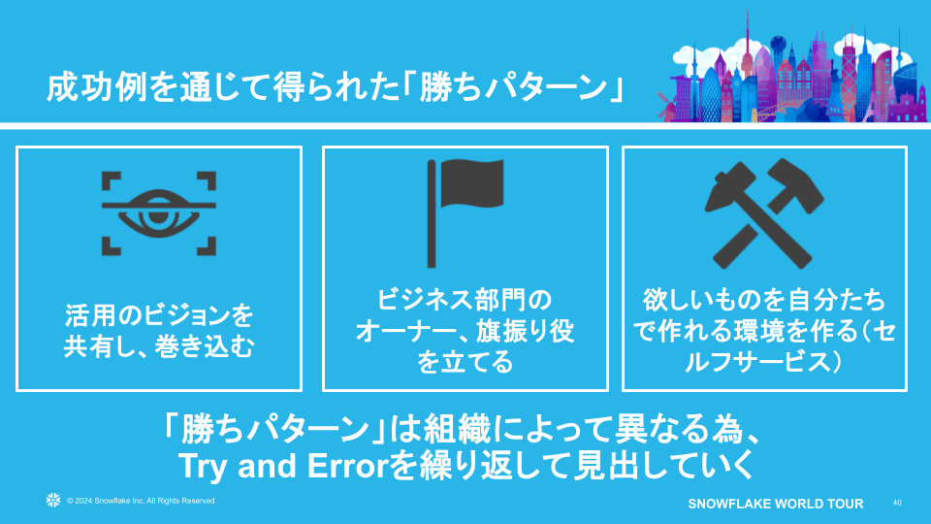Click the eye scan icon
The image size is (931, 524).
pyautogui.click(x=159, y=213)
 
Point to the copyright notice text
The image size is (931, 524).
pyautogui.click(x=141, y=501)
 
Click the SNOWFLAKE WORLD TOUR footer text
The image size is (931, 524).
pyautogui.click(x=775, y=504)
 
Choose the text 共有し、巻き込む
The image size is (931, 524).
pyautogui.click(x=159, y=345)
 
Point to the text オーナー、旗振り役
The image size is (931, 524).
pyautogui.click(x=465, y=331)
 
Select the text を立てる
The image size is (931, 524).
pyautogui.click(x=465, y=363)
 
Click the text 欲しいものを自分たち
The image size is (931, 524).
pyautogui.click(x=764, y=299)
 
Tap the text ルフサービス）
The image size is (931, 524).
pyautogui.click(x=764, y=363)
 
